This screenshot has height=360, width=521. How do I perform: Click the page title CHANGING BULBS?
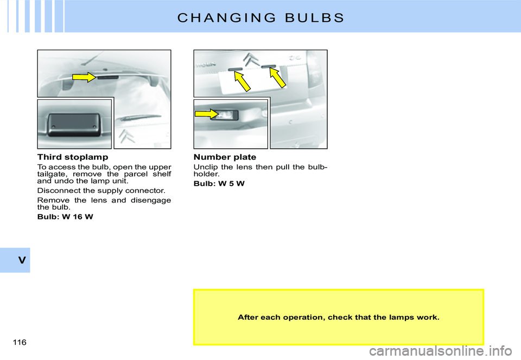click(260, 17)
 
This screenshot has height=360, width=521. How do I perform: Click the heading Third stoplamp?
click(73, 157)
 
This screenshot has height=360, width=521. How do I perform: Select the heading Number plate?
click(225, 157)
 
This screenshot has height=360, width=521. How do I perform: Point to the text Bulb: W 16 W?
click(65, 217)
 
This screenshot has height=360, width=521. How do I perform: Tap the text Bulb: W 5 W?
click(219, 184)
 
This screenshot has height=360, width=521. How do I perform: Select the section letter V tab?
click(21, 260)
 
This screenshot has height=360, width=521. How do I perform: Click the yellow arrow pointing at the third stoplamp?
click(84, 77)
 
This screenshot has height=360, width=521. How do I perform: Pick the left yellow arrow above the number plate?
click(242, 81)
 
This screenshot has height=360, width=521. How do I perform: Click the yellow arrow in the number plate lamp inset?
click(206, 113)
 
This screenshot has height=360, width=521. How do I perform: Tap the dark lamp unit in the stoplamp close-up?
click(74, 124)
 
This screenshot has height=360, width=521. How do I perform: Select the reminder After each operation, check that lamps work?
click(338, 317)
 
